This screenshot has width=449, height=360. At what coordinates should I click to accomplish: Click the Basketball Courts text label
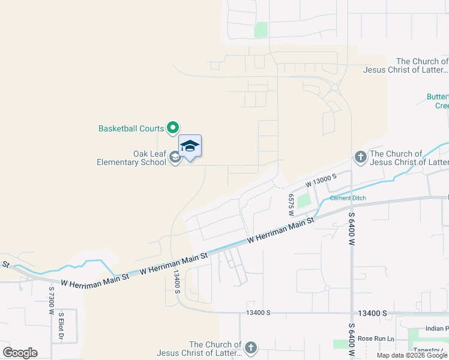(131, 128)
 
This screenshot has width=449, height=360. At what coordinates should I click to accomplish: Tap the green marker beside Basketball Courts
(173, 127)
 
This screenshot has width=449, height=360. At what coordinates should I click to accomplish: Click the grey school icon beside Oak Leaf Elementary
(175, 157)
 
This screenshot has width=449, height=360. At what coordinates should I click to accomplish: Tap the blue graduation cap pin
(190, 146)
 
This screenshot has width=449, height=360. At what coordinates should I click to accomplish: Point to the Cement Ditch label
(348, 198)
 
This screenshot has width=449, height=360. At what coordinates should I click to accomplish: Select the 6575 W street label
(291, 204)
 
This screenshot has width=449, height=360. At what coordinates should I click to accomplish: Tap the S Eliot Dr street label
(61, 325)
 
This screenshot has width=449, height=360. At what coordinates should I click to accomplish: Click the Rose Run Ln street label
(376, 339)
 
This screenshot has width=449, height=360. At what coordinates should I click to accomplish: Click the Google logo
(20, 352)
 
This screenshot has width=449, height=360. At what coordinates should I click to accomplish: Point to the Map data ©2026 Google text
(412, 355)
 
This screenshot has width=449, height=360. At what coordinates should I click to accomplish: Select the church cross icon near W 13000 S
(360, 157)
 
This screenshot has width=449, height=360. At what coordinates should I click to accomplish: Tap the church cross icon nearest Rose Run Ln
(251, 347)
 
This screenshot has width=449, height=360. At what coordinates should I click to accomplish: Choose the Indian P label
(437, 328)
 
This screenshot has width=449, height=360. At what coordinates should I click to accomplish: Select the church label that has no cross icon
(422, 65)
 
